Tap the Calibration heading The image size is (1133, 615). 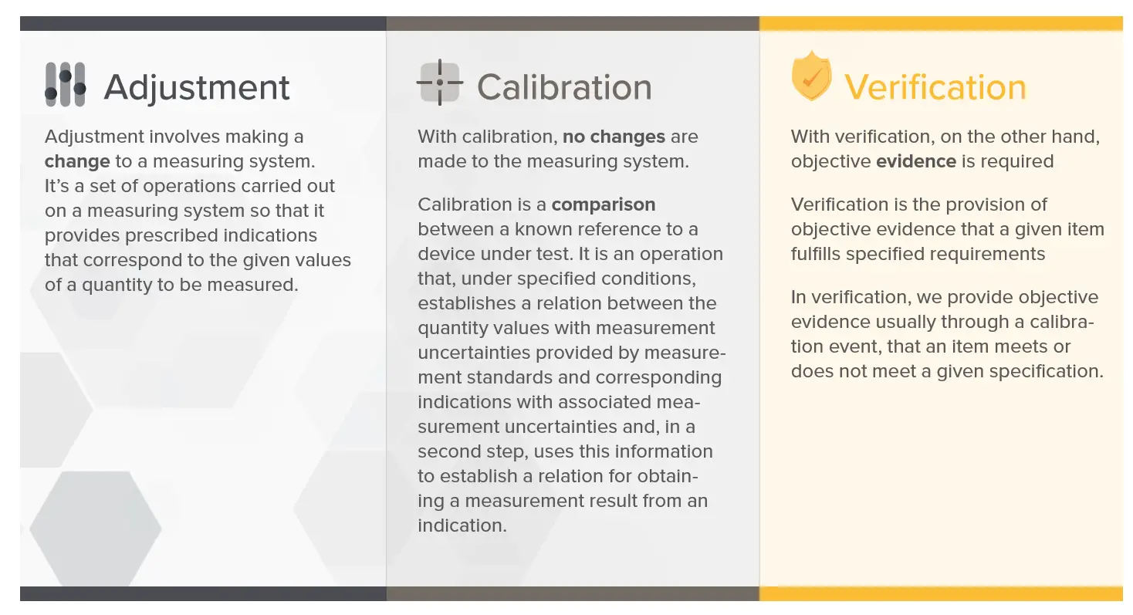click(564, 87)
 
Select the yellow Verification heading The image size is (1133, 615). click(935, 87)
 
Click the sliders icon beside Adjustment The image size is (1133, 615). click(66, 84)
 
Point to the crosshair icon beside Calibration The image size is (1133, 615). click(440, 82)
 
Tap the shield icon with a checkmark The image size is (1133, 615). click(811, 76)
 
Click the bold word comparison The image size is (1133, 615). click(604, 204)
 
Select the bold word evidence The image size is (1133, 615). click(916, 161)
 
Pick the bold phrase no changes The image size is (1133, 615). click(614, 137)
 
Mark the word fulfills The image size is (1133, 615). click(816, 254)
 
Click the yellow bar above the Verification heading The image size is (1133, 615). click(941, 23)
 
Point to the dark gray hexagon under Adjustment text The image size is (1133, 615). click(96, 529)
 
